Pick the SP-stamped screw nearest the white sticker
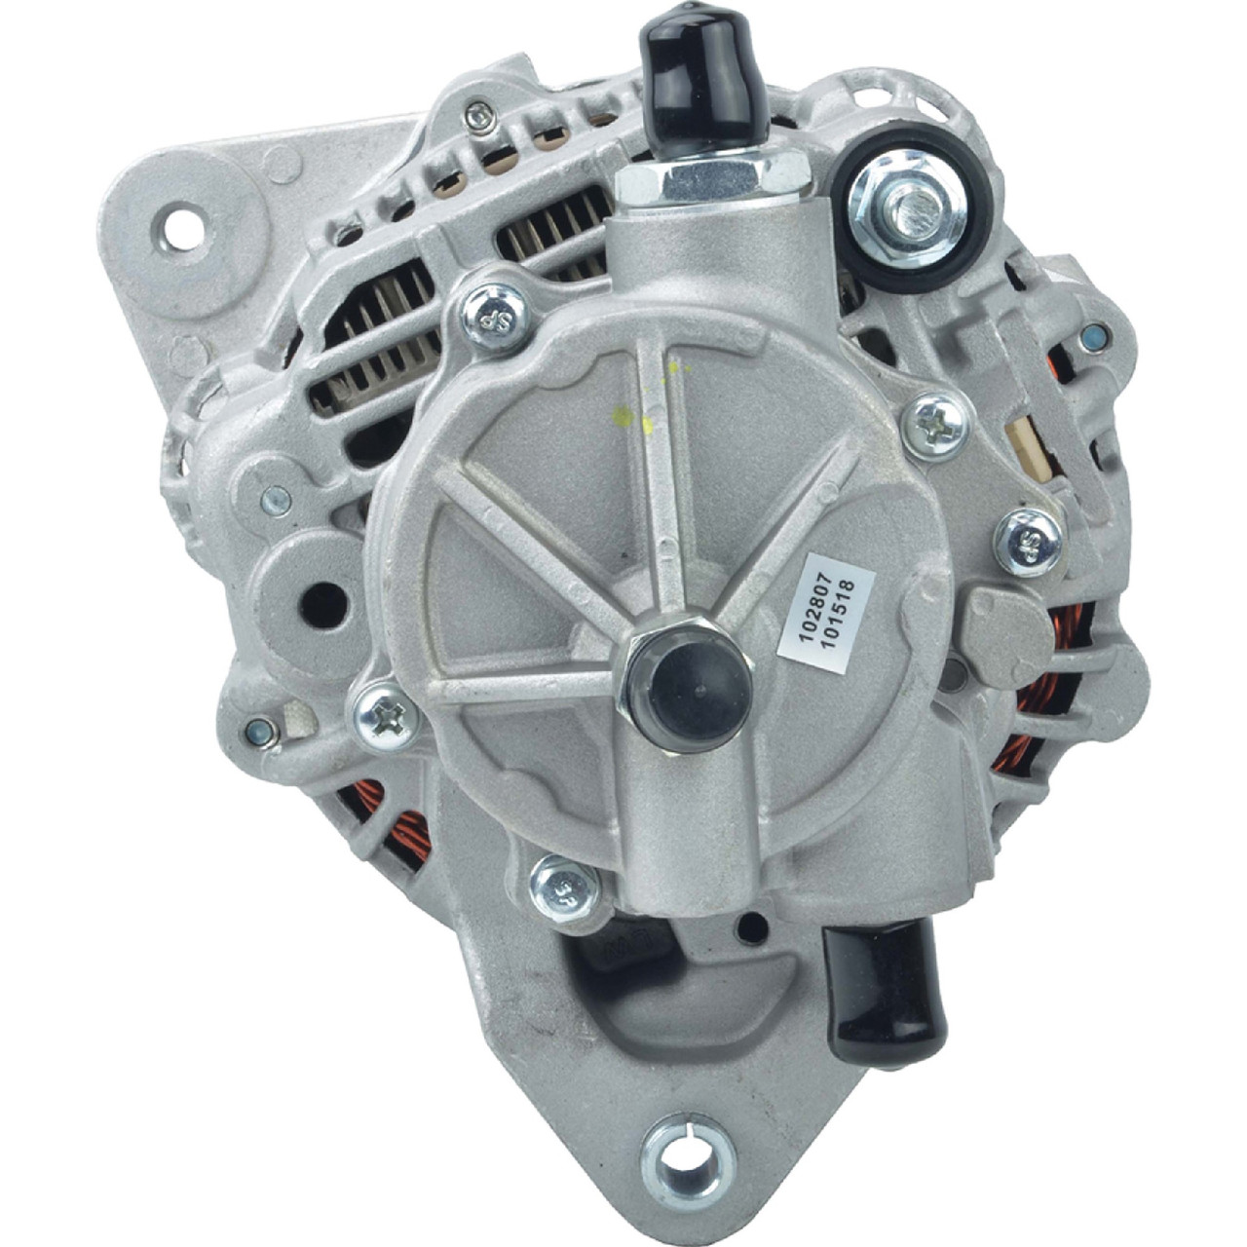[1029, 541]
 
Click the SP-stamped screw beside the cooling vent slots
[494, 315]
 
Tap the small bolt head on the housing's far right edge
[1093, 338]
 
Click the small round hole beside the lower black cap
[751, 928]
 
